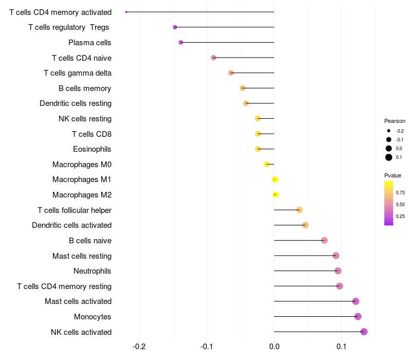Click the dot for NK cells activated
[x=364, y=332]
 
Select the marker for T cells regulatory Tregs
[x=175, y=27]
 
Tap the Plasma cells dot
[x=180, y=42]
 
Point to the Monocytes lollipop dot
[x=358, y=316]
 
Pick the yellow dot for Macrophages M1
[x=275, y=179]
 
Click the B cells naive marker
[x=324, y=240]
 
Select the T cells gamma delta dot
[x=231, y=73]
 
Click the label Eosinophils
[x=92, y=149]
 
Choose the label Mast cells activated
[x=78, y=301]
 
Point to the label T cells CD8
[x=91, y=134]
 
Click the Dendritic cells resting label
[x=76, y=103]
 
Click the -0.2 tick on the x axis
[x=139, y=346]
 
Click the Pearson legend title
[x=395, y=121]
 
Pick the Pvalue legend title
[x=393, y=175]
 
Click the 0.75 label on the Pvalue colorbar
[x=400, y=192]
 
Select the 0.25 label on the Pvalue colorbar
[x=400, y=216]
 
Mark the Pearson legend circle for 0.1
[x=389, y=157]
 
